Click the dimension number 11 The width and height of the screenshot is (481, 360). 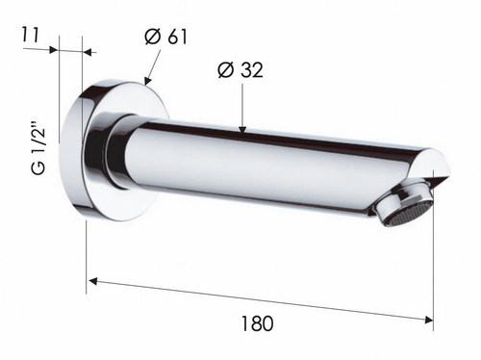coord(30,35)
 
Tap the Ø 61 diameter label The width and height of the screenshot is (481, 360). coord(165,37)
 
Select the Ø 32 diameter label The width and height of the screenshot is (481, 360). coord(240,69)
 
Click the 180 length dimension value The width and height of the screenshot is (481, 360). coord(257,323)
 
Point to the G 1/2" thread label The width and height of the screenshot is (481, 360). coord(39,148)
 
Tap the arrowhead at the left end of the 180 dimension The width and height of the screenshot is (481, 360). coord(93,281)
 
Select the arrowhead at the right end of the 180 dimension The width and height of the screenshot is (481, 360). coord(429,320)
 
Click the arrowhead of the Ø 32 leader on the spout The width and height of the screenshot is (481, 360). coord(242,129)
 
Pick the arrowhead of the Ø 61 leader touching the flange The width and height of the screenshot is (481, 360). coord(147,81)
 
